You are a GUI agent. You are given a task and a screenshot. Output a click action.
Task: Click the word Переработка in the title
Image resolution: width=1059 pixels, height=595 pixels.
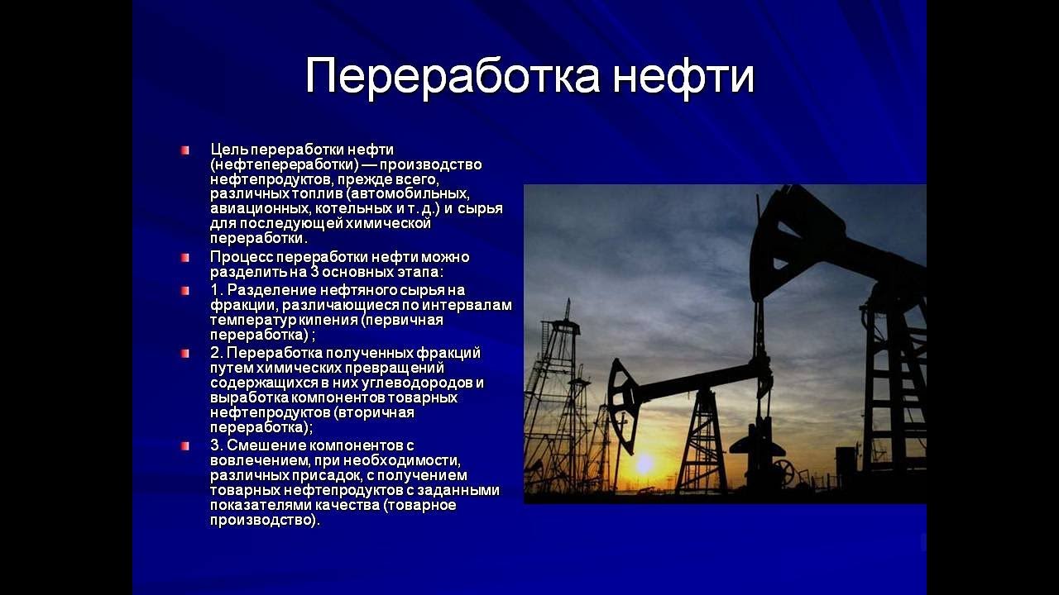(453, 75)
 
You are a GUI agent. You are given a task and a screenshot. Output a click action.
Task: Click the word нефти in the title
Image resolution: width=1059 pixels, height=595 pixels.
(683, 75)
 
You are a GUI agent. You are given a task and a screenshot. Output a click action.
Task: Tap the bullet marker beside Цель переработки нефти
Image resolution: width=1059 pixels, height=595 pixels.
(184, 150)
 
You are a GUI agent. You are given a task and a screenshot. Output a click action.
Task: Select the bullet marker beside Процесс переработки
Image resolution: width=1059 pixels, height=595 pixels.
(184, 258)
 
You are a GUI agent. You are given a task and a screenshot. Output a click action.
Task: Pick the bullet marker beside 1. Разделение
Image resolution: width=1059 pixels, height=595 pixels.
(184, 290)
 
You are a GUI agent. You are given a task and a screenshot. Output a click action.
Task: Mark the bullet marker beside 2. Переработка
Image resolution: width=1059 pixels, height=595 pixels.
(184, 353)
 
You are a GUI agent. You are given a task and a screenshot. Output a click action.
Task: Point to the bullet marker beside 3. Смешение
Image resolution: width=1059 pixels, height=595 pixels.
(184, 445)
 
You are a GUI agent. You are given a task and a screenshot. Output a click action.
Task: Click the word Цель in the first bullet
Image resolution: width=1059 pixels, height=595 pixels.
(229, 150)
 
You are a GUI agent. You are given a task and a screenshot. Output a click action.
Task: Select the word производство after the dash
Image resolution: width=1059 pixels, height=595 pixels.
(431, 164)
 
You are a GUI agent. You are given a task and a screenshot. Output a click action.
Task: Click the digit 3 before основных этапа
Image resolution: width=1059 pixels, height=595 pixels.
(314, 273)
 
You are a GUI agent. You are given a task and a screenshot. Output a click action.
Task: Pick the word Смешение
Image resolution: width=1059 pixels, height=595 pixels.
(267, 445)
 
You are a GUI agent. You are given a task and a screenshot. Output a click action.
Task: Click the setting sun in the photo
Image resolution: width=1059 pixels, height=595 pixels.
(644, 464)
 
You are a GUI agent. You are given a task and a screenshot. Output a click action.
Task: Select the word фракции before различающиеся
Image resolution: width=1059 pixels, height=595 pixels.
(244, 306)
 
